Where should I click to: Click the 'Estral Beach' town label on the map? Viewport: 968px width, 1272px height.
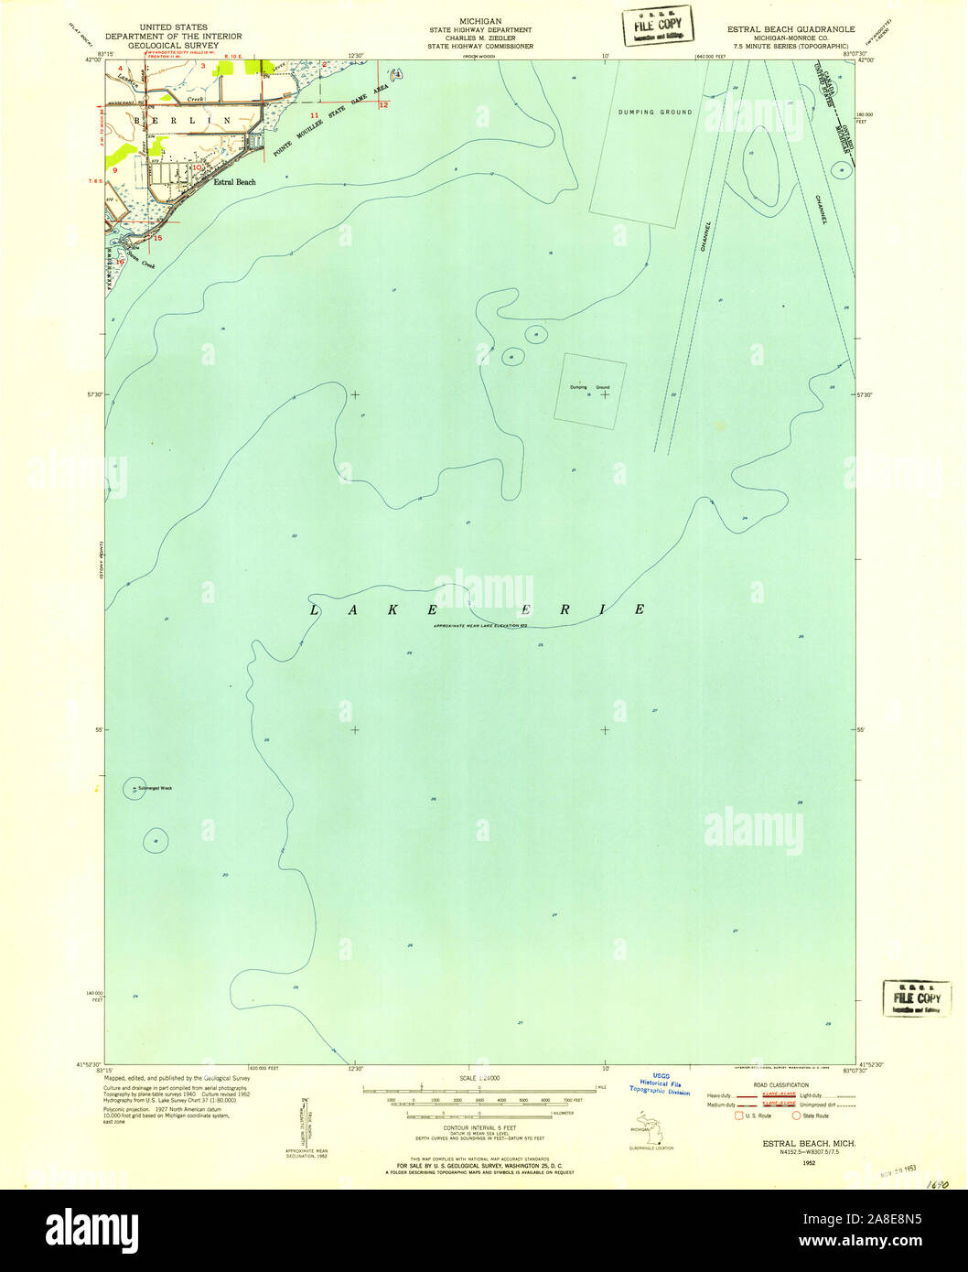tap(234, 182)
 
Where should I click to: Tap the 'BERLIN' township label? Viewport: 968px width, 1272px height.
tap(182, 120)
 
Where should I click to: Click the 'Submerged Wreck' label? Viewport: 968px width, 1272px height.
tap(156, 788)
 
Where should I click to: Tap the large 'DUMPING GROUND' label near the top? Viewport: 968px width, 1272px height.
tap(653, 112)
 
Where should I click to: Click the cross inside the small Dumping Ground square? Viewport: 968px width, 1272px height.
tap(605, 394)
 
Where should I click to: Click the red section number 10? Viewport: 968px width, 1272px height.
tap(196, 167)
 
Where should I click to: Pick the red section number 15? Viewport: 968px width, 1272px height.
tap(157, 238)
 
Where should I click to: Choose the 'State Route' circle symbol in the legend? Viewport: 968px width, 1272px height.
tap(796, 1116)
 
